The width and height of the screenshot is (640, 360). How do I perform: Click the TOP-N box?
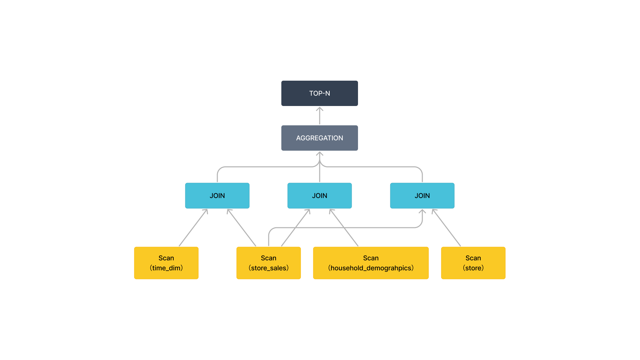click(x=319, y=93)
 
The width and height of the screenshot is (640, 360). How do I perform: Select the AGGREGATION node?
click(x=319, y=138)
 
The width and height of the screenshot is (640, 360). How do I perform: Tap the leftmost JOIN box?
click(x=217, y=196)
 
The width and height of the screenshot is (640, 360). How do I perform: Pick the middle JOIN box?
click(x=319, y=196)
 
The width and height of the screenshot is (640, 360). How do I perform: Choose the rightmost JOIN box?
click(x=422, y=196)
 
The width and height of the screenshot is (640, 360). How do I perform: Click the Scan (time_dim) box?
click(x=166, y=263)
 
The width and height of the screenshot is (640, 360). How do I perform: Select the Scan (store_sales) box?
click(x=268, y=263)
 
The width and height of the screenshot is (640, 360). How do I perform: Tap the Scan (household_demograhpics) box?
click(x=371, y=263)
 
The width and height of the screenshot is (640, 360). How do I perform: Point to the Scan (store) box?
click(x=473, y=263)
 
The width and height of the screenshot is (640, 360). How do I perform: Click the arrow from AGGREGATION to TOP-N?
click(x=319, y=116)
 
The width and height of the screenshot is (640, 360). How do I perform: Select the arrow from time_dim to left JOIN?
click(x=193, y=228)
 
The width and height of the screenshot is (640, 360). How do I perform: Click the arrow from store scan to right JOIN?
click(x=447, y=228)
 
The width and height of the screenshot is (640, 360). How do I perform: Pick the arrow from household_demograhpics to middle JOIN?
click(x=344, y=228)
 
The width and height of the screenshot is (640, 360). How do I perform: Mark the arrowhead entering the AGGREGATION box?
click(x=319, y=154)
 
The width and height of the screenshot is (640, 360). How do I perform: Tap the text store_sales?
click(x=268, y=268)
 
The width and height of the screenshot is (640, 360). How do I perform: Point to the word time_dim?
click(x=166, y=268)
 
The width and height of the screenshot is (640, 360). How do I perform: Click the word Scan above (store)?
click(x=473, y=258)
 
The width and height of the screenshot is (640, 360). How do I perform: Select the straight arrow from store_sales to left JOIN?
click(x=242, y=228)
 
